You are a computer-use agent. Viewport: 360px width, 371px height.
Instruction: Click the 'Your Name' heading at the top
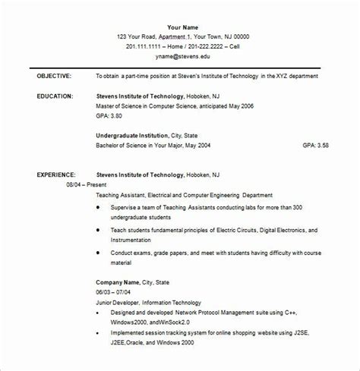tap(181, 27)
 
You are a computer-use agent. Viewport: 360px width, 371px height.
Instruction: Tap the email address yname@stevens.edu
tap(181, 56)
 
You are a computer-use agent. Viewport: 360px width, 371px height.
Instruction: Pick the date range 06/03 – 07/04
tap(115, 291)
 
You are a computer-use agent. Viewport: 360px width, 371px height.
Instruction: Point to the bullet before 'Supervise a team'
tap(103, 207)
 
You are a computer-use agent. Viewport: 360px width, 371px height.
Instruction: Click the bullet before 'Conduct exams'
tap(103, 254)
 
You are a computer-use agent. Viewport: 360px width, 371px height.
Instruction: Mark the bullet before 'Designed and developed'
tap(103, 311)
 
